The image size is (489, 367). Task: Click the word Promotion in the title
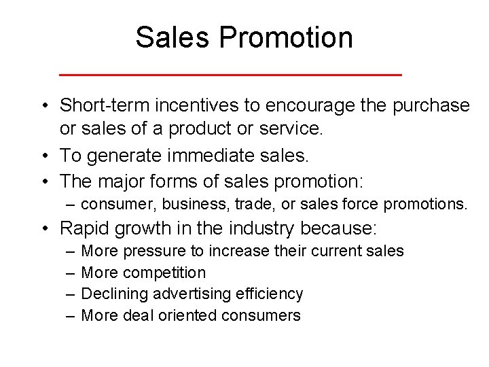285,37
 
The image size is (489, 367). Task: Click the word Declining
115,294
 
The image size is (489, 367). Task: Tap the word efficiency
270,294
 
